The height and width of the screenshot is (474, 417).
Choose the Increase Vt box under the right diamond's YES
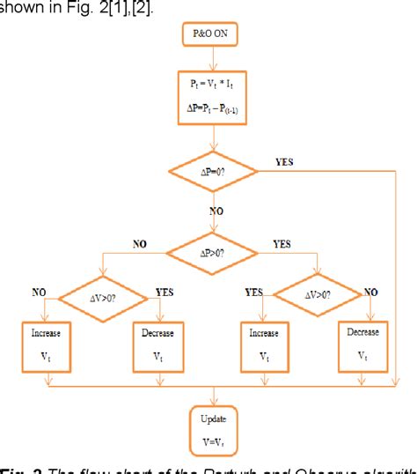click(x=263, y=347)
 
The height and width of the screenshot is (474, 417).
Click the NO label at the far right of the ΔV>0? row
click(x=372, y=291)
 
